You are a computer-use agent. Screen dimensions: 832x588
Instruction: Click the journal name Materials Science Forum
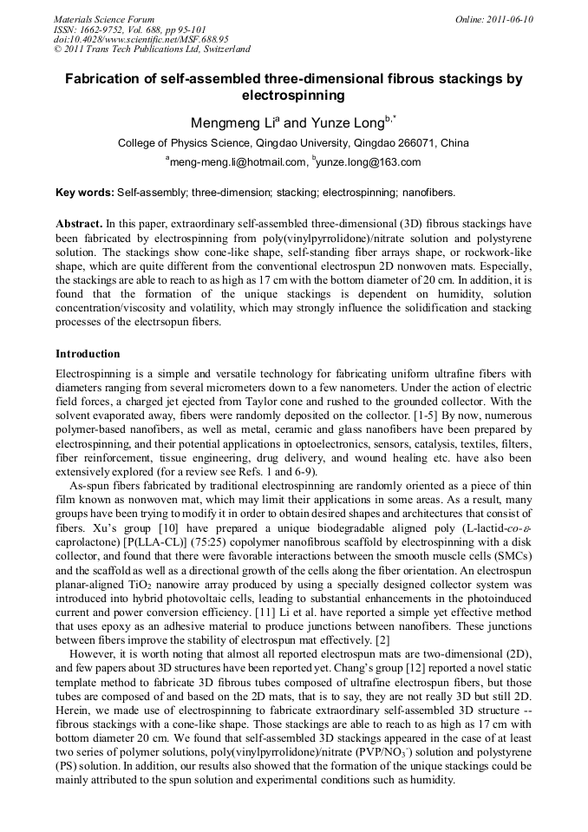[104, 19]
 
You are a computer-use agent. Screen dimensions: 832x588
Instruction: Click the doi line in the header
[141, 39]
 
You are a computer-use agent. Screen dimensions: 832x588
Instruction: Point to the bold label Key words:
[84, 192]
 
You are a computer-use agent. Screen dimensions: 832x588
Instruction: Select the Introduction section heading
[88, 354]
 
